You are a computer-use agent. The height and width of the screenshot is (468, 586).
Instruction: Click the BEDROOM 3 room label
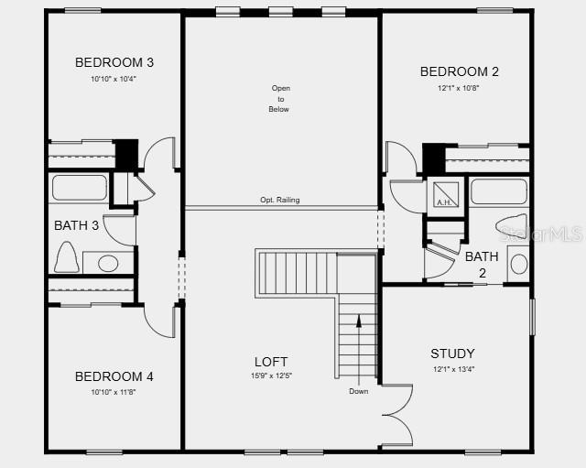[114, 62]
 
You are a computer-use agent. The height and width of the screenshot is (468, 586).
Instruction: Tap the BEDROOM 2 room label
[459, 71]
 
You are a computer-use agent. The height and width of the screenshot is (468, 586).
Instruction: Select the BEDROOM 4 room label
[114, 376]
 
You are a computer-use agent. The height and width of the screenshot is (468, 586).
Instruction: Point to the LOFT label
[271, 362]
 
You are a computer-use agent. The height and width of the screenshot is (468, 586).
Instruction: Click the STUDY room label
[452, 354]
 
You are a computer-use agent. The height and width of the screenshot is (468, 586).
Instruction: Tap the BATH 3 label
[77, 225]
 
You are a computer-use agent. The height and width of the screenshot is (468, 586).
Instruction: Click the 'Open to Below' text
[279, 99]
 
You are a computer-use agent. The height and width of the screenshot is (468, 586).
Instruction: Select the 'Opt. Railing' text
[279, 201]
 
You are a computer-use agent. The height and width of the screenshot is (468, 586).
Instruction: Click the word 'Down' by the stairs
[358, 392]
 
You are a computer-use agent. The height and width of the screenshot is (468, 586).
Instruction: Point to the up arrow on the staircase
[359, 321]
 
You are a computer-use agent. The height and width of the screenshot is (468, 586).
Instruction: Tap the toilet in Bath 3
[66, 257]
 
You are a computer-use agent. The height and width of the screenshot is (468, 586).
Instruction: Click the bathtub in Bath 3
[79, 188]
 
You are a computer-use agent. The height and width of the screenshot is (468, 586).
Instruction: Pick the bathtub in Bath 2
[499, 191]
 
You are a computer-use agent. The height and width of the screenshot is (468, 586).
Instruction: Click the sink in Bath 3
[108, 264]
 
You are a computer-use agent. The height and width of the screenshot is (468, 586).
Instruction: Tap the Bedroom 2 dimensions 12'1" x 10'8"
[459, 89]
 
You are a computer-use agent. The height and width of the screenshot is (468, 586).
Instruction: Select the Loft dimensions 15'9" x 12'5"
[271, 376]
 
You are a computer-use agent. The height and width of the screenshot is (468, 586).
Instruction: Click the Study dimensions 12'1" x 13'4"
[452, 370]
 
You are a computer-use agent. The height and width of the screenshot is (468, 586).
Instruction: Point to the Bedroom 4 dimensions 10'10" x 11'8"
[114, 392]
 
